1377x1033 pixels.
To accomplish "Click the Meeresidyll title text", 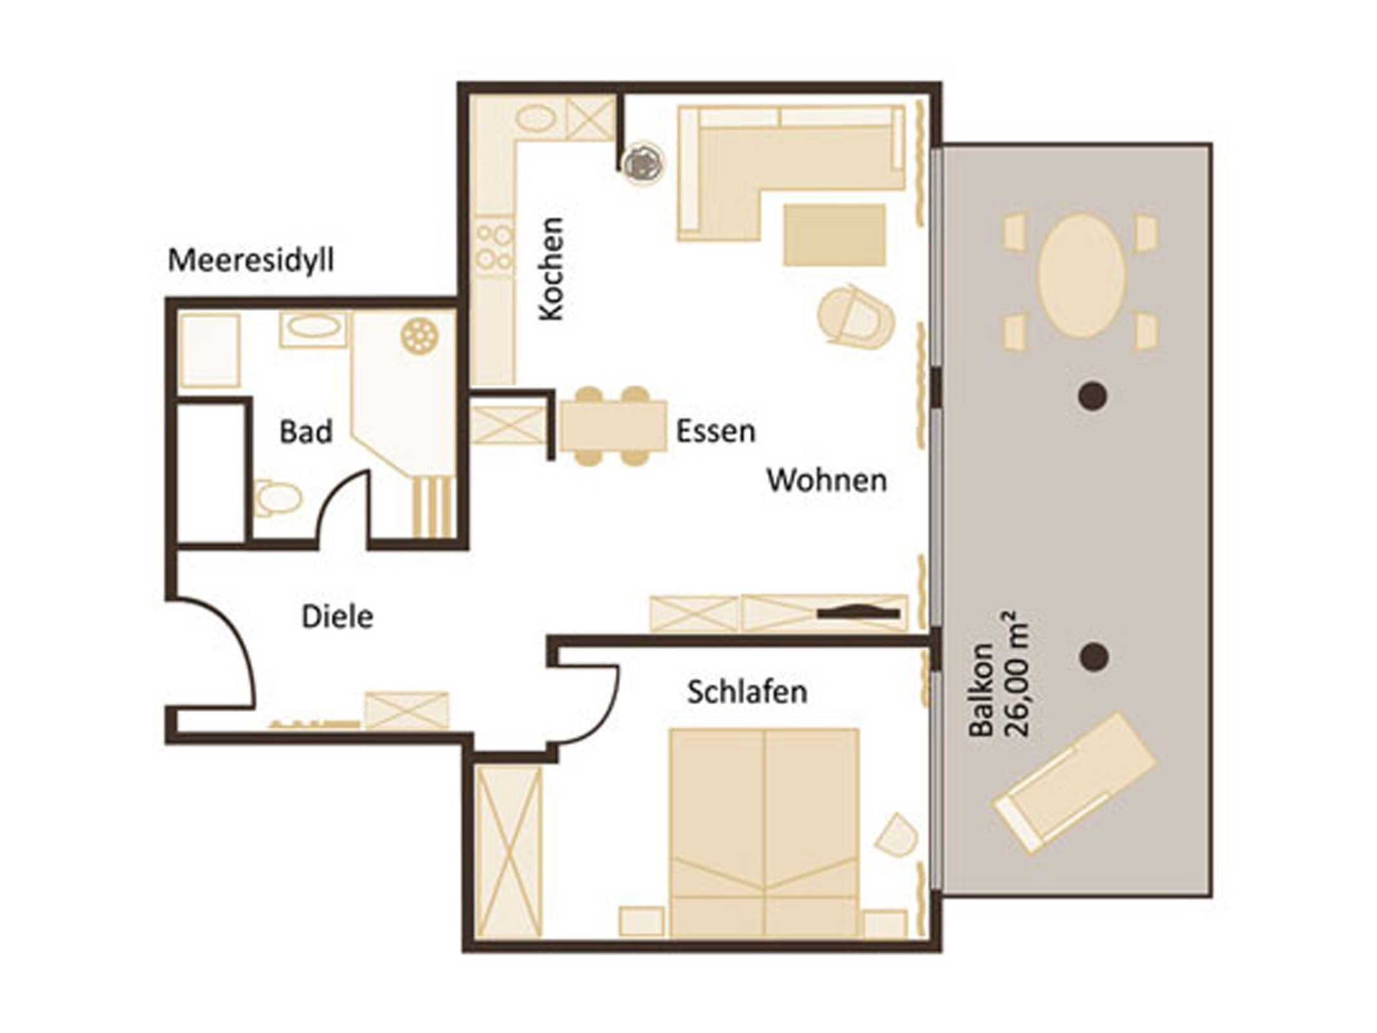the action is pyautogui.click(x=251, y=261).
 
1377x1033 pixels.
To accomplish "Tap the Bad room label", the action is pyautogui.click(x=306, y=431).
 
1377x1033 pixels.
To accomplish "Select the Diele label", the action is pyautogui.click(x=337, y=617).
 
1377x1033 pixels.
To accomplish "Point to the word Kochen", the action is pyautogui.click(x=552, y=269).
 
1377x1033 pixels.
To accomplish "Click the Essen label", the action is pyautogui.click(x=716, y=431).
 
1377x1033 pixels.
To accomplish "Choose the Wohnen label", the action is pyautogui.click(x=827, y=480).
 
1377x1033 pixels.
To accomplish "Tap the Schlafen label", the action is pyautogui.click(x=747, y=692).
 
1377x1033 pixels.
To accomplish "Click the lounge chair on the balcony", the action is pyautogui.click(x=1075, y=782).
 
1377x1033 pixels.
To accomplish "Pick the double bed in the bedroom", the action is pyautogui.click(x=764, y=833).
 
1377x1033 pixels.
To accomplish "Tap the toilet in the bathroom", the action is pyautogui.click(x=278, y=498).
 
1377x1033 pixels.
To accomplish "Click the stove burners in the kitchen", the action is pyautogui.click(x=495, y=246).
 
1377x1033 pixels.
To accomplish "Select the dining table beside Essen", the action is pyautogui.click(x=613, y=426).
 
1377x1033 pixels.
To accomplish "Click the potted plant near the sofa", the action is pyautogui.click(x=641, y=162).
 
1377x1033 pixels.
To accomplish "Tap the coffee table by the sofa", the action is pyautogui.click(x=834, y=235).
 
